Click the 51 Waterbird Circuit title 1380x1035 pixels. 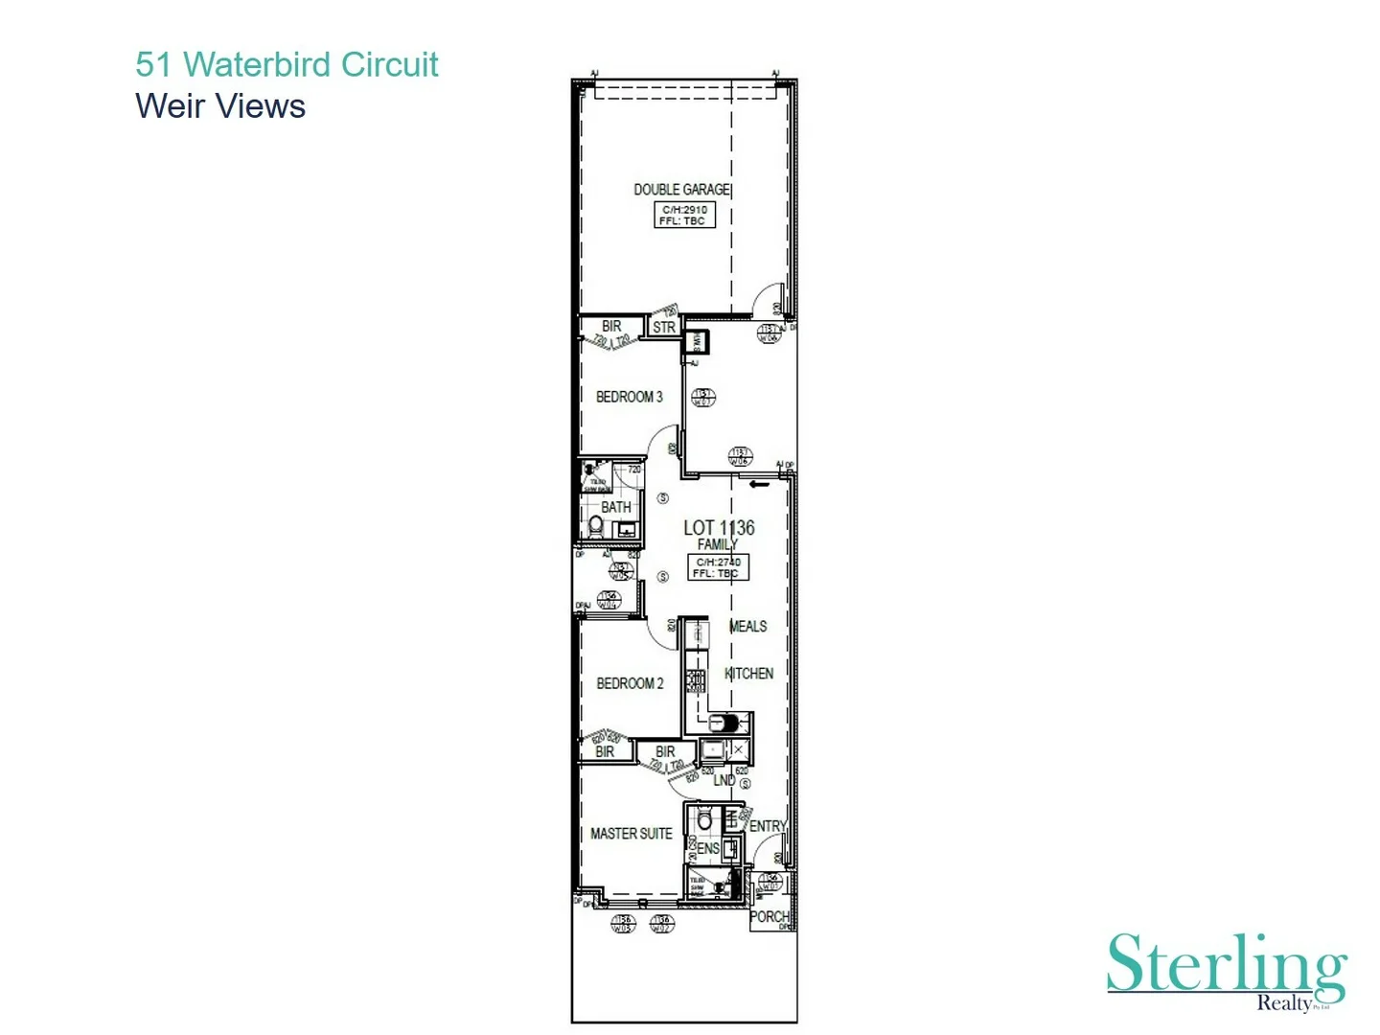[x=287, y=64]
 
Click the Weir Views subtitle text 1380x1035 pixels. [x=220, y=106]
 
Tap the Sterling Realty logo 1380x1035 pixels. [x=1227, y=970]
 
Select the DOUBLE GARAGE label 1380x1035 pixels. [x=681, y=190]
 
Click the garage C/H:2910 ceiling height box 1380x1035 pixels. [x=684, y=215]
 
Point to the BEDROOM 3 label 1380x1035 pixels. [x=629, y=397]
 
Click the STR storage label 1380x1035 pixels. [x=663, y=327]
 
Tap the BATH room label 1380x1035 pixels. [x=615, y=507]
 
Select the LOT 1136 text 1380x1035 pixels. [x=719, y=528]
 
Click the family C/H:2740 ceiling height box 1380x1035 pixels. [x=718, y=567]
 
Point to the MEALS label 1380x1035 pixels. [x=747, y=627]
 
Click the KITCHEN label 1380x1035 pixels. [x=748, y=674]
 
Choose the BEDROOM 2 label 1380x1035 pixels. [x=630, y=683]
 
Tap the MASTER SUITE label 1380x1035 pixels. [x=631, y=834]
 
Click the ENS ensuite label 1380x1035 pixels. [x=707, y=848]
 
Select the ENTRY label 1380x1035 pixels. [x=768, y=826]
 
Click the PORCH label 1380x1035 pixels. [x=769, y=917]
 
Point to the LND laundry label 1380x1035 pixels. [x=724, y=780]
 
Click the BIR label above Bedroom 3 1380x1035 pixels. [x=611, y=326]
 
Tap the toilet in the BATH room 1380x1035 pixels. [x=595, y=526]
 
